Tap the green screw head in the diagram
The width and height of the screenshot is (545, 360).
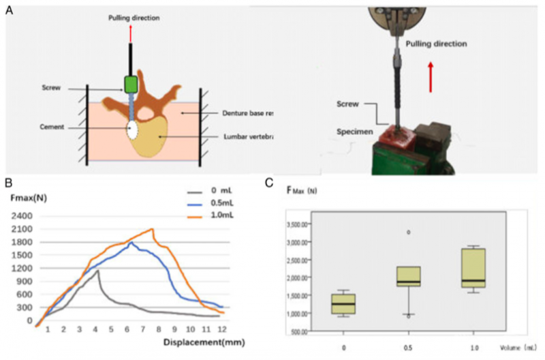tap(131, 84)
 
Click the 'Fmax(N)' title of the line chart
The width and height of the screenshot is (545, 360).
tap(28, 198)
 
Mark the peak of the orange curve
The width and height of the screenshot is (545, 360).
tap(152, 229)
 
